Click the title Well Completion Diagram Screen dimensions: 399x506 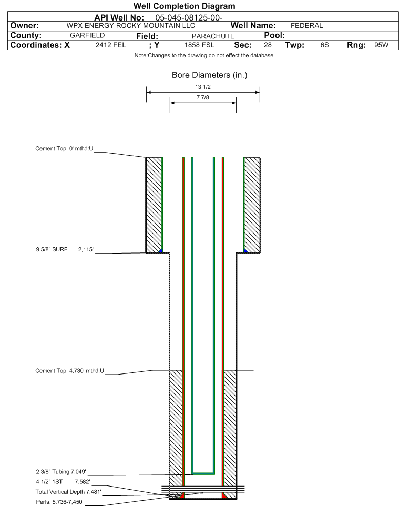coord(184,6)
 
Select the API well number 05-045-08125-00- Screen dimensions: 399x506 coord(189,18)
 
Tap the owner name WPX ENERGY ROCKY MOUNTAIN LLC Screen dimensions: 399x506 coord(131,26)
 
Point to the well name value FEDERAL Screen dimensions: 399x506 coord(306,26)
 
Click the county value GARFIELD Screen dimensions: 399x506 coord(87,35)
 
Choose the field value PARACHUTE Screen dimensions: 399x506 coord(213,36)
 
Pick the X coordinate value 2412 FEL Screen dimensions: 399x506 coord(110,45)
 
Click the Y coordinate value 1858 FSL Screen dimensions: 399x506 coord(199,45)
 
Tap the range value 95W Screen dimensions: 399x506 coord(381,45)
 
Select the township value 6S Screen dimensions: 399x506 coord(324,45)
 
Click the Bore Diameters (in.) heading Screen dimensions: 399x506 coord(209,75)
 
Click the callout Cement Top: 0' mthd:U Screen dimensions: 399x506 coord(64,149)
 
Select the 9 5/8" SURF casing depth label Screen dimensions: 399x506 coord(65,249)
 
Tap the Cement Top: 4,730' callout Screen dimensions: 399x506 coord(70,371)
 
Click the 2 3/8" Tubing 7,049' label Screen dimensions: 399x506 coord(61,472)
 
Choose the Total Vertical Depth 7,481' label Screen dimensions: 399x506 coord(68,492)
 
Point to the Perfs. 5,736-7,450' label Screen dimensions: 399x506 coord(60,502)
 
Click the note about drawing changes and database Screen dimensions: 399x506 coord(204,56)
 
